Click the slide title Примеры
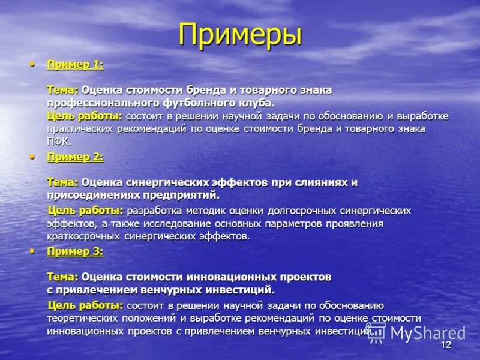pos(240,34)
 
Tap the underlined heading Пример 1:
pos(75,65)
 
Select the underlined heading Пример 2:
pos(75,157)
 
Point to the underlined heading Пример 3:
pos(75,252)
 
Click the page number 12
pos(445,345)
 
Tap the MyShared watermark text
pos(428,333)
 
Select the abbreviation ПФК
pos(58,142)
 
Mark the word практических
pos(81,129)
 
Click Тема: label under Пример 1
pos(62,89)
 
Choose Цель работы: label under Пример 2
pos(85,211)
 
